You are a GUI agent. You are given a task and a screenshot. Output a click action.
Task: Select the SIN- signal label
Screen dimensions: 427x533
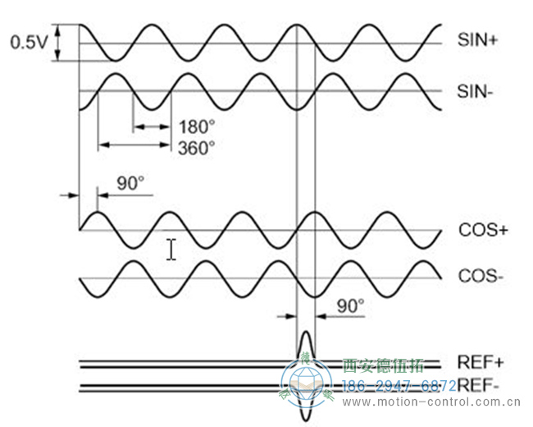475,91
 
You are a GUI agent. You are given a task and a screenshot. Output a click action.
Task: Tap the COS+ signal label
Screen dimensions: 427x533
482,230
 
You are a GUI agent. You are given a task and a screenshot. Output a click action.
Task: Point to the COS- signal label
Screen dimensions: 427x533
481,276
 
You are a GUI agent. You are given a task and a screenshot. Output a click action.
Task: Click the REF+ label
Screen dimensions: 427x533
481,363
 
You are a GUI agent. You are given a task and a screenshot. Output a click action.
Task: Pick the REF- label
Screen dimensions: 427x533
480,385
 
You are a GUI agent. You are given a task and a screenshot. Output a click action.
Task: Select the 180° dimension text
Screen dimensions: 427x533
196,127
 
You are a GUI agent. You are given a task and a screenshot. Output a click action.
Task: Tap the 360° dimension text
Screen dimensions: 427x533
196,148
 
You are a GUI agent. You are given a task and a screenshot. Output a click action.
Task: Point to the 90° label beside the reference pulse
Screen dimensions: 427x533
350,305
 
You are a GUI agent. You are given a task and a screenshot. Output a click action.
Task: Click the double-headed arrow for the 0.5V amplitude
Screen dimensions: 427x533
58,43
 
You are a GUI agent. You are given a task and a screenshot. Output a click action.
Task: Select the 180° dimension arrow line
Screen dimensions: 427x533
152,126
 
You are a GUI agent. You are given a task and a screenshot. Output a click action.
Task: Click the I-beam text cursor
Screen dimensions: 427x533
171,249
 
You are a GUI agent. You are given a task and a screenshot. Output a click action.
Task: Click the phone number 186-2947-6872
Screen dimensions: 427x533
399,386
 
